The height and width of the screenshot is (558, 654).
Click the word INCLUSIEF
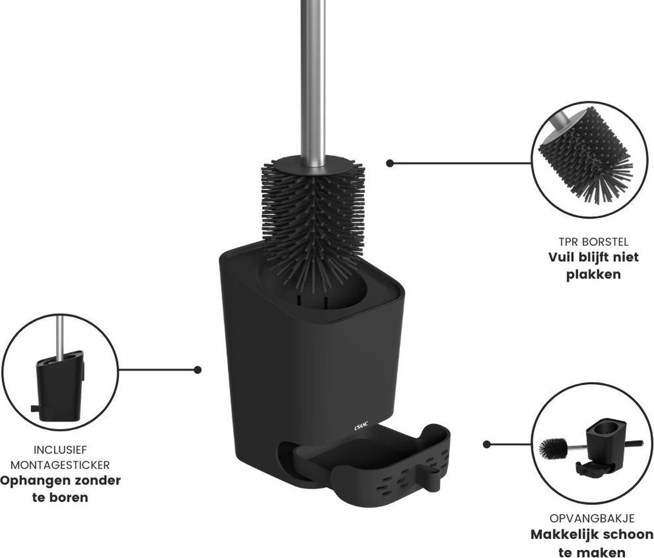[x=60, y=450]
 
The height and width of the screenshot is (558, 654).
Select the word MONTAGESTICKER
[x=60, y=465]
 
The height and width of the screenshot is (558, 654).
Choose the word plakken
[x=594, y=274]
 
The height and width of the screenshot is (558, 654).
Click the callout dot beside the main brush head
[x=390, y=163]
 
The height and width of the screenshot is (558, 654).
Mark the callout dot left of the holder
[x=198, y=369]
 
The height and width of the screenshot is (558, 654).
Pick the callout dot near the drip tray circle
[x=487, y=445]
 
